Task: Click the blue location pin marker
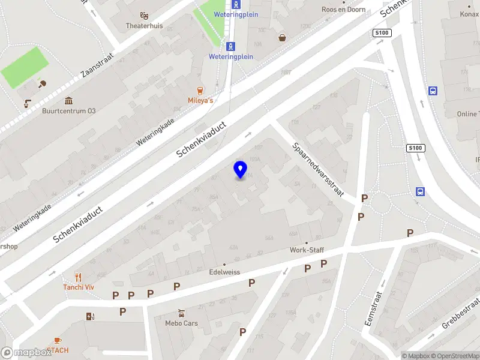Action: (240, 170)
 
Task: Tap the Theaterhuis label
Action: (144, 26)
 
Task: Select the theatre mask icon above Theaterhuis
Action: (144, 15)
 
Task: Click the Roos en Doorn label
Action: (344, 10)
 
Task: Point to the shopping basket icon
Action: (282, 38)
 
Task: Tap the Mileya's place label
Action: (201, 100)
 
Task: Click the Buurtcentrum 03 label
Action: (68, 111)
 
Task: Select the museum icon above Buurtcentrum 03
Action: (68, 100)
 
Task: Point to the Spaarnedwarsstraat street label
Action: (317, 170)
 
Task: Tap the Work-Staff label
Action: (307, 250)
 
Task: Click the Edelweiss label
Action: (224, 272)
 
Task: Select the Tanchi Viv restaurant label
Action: (79, 287)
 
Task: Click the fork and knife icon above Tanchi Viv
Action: (79, 277)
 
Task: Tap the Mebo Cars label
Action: (181, 323)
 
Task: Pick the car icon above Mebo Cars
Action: (181, 313)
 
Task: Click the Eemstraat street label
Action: (373, 309)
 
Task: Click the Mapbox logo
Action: (26, 353)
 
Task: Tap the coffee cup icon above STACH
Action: (58, 340)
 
